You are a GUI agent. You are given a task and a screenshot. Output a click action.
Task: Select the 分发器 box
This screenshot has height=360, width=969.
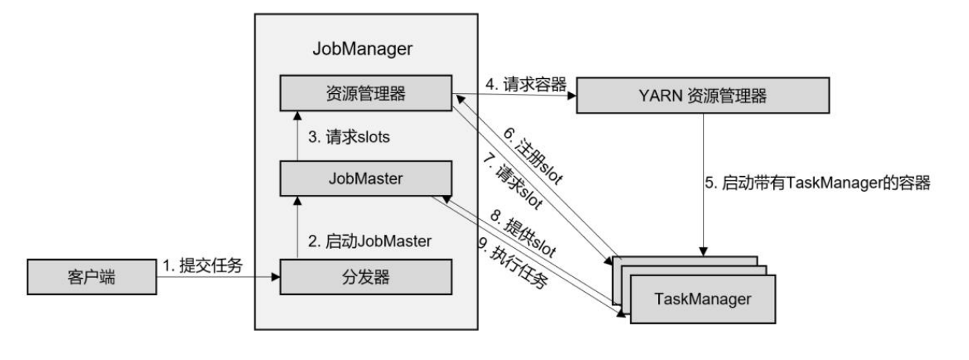click(367, 276)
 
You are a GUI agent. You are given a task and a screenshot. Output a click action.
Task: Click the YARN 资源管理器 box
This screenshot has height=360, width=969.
click(703, 97)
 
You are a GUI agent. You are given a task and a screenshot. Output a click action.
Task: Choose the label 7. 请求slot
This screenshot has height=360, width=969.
click(513, 184)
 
